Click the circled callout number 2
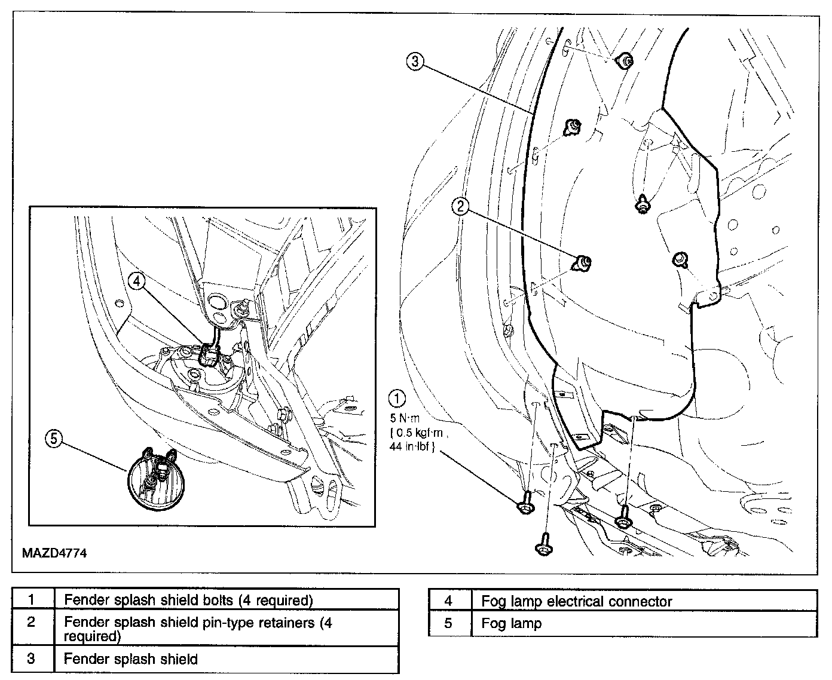click(x=461, y=207)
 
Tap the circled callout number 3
click(x=415, y=61)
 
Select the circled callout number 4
click(x=137, y=280)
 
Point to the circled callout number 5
click(x=53, y=439)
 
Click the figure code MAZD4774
click(x=54, y=553)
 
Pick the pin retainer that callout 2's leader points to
click(x=582, y=262)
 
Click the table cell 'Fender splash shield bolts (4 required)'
click(x=188, y=599)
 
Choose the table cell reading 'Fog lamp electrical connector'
click(x=577, y=601)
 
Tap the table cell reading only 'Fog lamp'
click(x=512, y=624)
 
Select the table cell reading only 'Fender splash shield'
click(x=131, y=659)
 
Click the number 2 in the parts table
click(x=31, y=622)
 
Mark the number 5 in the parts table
click(x=448, y=624)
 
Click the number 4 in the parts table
click(x=448, y=601)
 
